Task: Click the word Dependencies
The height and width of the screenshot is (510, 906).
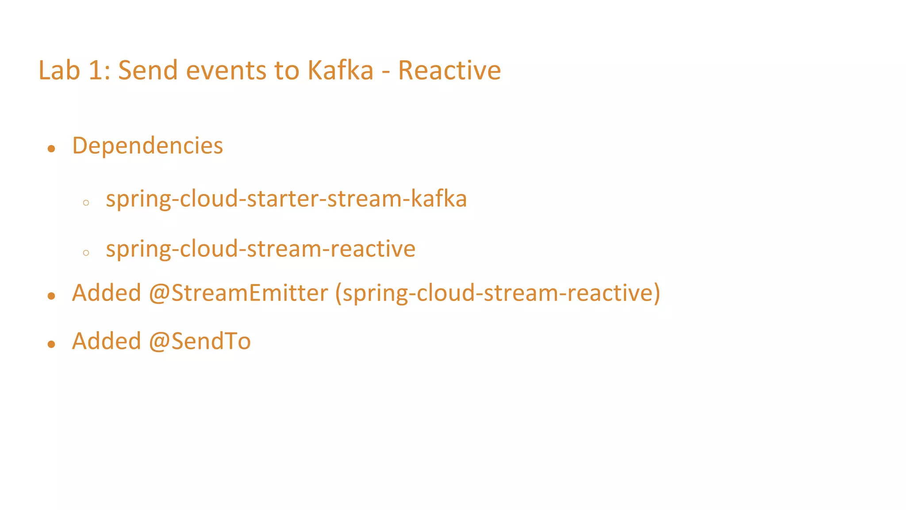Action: pyautogui.click(x=147, y=146)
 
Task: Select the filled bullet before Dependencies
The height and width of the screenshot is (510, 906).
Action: pyautogui.click(x=51, y=149)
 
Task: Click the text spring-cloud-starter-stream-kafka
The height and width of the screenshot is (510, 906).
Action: pyautogui.click(x=286, y=199)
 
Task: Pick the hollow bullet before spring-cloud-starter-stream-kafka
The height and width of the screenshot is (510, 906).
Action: pyautogui.click(x=86, y=203)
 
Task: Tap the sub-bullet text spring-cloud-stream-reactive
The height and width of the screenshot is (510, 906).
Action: pyautogui.click(x=261, y=249)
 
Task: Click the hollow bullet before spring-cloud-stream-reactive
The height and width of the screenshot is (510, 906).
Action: pyautogui.click(x=86, y=253)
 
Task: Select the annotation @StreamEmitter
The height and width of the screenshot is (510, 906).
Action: pyautogui.click(x=238, y=293)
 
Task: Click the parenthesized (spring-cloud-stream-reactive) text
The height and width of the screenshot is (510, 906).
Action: pyautogui.click(x=498, y=294)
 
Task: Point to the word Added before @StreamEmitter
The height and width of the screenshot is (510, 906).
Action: pyautogui.click(x=107, y=293)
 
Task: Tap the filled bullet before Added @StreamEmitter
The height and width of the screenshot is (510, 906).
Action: pyautogui.click(x=51, y=296)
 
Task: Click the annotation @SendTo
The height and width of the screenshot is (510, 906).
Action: pyautogui.click(x=200, y=341)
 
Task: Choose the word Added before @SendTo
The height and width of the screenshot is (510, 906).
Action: pyautogui.click(x=107, y=341)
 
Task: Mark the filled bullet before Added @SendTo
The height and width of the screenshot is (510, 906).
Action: pyautogui.click(x=51, y=344)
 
